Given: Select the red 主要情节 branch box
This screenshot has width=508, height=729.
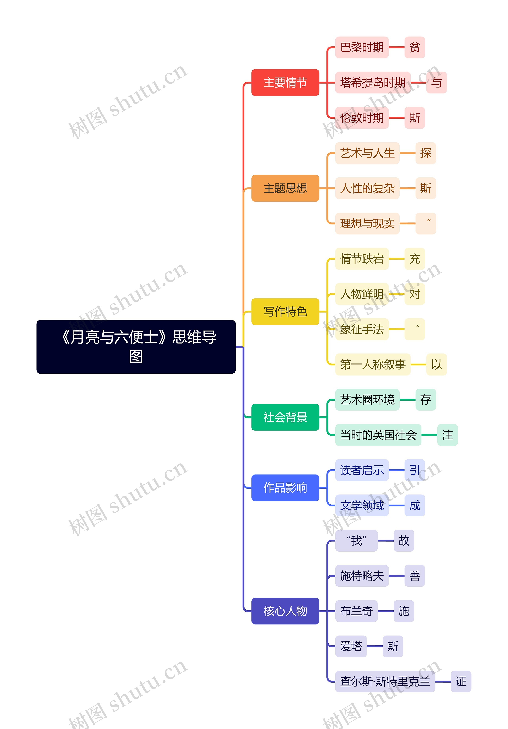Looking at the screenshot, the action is coord(285,83).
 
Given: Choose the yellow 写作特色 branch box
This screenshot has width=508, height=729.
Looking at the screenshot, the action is coord(285,311).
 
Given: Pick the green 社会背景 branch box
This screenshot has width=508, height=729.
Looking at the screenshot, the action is coord(285,417).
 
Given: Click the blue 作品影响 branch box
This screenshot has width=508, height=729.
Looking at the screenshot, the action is coord(285,488).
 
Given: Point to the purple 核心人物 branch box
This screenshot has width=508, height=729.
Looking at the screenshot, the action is coord(285,611).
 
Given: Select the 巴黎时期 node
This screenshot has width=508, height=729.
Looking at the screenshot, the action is coord(362,47).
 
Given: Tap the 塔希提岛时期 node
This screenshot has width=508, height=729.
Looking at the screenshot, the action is coord(373,83).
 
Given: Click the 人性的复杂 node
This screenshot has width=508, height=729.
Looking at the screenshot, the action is coord(367,188).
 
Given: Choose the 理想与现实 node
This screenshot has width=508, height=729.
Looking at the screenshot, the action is coord(367,223).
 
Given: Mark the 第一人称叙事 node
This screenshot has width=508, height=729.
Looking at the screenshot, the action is coord(373,364).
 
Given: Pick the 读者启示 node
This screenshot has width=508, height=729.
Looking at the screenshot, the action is coord(362,470).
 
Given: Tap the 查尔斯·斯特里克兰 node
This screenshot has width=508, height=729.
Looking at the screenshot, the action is coord(385,681).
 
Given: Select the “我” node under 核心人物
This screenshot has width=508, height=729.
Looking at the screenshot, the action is coord(357,540).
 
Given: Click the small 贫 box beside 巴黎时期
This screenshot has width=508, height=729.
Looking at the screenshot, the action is coord(415,47).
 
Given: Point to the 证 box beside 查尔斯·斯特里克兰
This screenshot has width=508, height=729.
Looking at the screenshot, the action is coord(461,681).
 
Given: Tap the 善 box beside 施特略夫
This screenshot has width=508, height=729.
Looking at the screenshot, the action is coord(415,576).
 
